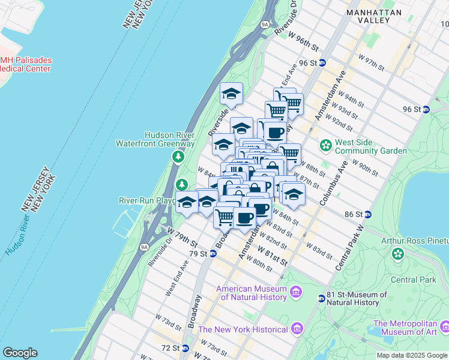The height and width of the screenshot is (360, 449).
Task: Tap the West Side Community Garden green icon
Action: (326, 145)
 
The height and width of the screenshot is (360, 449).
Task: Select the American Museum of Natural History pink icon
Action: (296, 292)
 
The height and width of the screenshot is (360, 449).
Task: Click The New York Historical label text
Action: (243, 329)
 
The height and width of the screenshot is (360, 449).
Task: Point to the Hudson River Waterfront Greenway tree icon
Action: (178, 157)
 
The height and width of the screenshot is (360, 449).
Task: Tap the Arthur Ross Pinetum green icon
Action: (398, 255)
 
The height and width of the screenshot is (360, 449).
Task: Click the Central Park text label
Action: (413, 280)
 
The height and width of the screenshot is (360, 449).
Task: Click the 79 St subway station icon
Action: (212, 254)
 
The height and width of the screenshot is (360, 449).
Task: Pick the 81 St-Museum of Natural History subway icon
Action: (322, 298)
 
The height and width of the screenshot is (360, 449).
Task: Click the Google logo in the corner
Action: (20, 353)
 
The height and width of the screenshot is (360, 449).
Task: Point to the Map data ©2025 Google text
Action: (412, 355)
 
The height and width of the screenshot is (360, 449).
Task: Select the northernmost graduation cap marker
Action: (231, 94)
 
